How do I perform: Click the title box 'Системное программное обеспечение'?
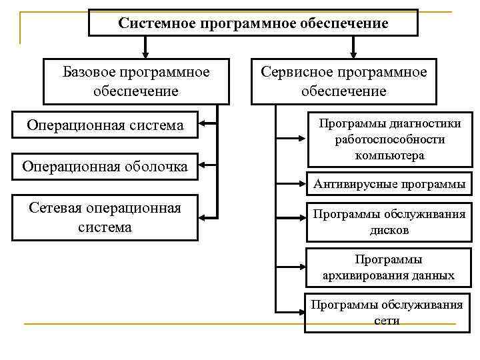pyautogui.click(x=253, y=23)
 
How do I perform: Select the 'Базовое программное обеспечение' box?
pyautogui.click(x=137, y=81)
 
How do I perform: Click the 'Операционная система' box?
pyautogui.click(x=105, y=125)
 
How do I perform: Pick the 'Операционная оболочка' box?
pyautogui.click(x=105, y=166)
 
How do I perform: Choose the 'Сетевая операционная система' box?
pyautogui.click(x=105, y=217)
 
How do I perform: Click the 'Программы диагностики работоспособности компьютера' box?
pyautogui.click(x=390, y=140)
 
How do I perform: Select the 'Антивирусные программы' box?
pyautogui.click(x=390, y=184)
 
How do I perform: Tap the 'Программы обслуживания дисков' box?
pyautogui.click(x=390, y=221)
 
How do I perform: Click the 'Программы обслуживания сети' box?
pyautogui.click(x=387, y=313)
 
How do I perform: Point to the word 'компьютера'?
pyautogui.click(x=390, y=155)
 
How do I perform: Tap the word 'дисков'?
pyautogui.click(x=390, y=230)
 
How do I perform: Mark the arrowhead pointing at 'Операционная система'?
pyautogui.click(x=203, y=123)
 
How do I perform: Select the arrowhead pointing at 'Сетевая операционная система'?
pyautogui.click(x=203, y=216)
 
